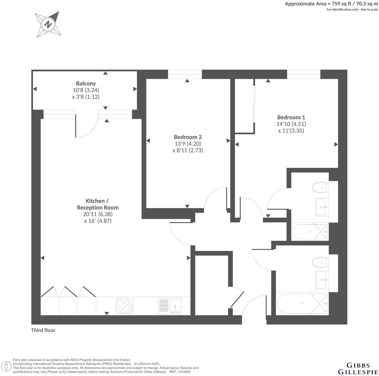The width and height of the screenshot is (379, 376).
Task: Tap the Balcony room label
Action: (x=86, y=83)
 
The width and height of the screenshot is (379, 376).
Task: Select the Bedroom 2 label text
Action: (x=188, y=137)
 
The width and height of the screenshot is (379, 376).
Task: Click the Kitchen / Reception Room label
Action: (x=98, y=204)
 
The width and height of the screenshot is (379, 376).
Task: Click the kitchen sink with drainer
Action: (x=169, y=306)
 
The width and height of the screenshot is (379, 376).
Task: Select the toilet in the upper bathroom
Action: (x=320, y=187)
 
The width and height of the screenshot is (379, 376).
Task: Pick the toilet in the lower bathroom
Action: (x=320, y=262)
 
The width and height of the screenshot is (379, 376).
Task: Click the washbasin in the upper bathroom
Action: (x=322, y=207)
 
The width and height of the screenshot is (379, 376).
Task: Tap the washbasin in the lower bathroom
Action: (x=322, y=280)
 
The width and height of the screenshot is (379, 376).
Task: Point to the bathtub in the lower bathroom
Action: (x=302, y=304)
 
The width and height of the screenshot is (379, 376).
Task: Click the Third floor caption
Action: (x=43, y=330)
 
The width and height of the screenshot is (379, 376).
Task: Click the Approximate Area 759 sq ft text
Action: (x=331, y=4)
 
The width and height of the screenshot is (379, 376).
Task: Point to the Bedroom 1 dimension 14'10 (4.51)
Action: (x=291, y=124)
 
